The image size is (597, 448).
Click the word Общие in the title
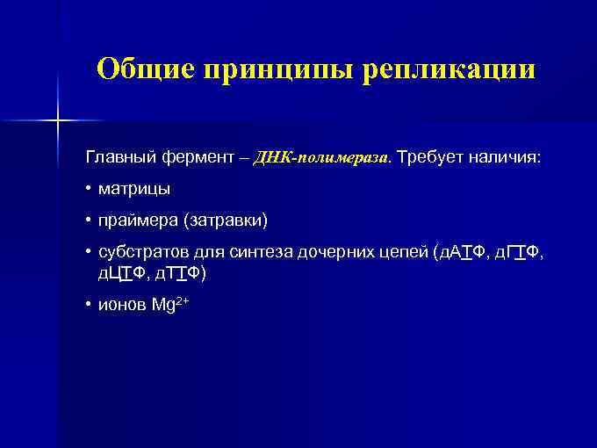[145, 69]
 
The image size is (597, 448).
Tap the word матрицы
[134, 189]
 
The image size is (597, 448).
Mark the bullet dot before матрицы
[90, 189]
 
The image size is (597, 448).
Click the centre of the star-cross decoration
[58, 119]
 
